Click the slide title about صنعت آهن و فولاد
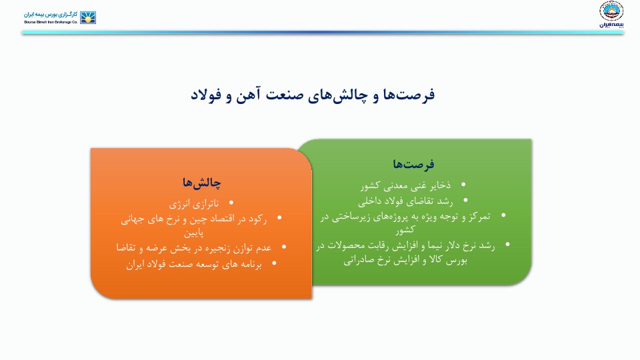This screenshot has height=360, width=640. pos(313,95)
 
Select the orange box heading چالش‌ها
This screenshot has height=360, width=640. pos(201,183)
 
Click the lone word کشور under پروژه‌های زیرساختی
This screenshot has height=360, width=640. pos(405,230)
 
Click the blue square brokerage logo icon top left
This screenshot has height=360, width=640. pos(88,17)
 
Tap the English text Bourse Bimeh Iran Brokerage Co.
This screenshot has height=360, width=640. pos(50,22)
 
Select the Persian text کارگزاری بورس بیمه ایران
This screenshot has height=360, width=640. pos(50,13)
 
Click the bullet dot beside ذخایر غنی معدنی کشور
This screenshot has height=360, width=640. pos(463,184)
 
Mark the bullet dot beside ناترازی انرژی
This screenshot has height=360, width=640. pos(231,203)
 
